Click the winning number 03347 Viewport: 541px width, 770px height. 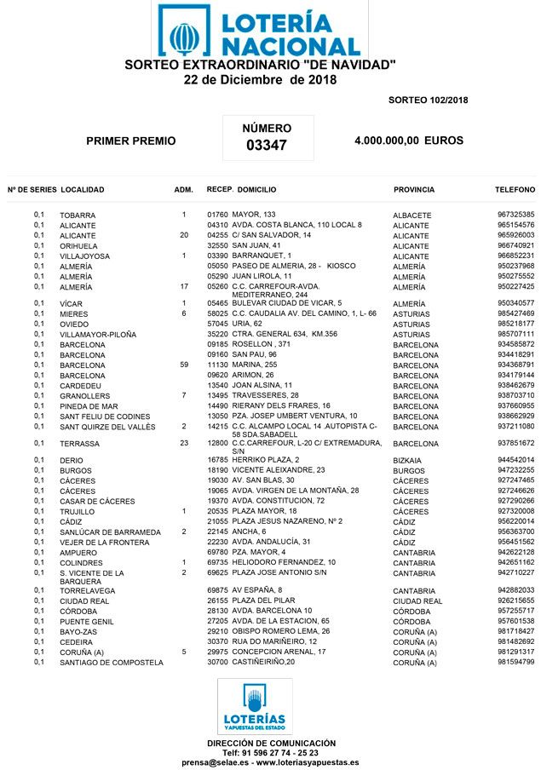pos(267,146)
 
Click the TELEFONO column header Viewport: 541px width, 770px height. pos(515,190)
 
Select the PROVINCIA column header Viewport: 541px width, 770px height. pos(414,190)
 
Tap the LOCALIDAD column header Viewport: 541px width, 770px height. pos(83,190)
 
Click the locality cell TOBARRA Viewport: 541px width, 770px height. pos(78,215)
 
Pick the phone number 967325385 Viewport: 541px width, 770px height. pos(515,215)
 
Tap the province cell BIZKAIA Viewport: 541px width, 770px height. pos(411,461)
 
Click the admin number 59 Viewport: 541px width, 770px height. pos(184,365)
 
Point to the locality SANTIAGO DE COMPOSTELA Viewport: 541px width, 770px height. pos(112,663)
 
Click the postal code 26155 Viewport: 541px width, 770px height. pos(218,600)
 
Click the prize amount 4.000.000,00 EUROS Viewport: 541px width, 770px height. pos(408,141)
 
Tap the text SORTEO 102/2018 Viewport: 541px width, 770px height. pos(428,100)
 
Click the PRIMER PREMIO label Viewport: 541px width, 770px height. pos(131,141)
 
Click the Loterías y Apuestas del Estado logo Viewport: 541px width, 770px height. pos(255,707)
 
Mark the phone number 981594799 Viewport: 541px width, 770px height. pos(515,662)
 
